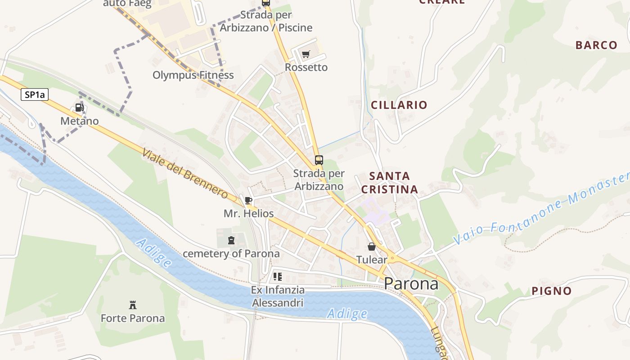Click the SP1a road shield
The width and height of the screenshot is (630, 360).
tap(34, 94)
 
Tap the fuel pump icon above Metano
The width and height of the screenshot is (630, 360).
tap(79, 108)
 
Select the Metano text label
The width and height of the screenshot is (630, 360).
tap(80, 121)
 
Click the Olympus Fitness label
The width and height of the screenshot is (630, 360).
tap(193, 75)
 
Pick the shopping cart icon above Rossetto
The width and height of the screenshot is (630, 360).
tap(306, 54)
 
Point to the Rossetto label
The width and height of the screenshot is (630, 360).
tap(306, 67)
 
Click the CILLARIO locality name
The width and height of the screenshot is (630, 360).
tap(399, 105)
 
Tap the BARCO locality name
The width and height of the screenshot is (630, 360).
tap(596, 45)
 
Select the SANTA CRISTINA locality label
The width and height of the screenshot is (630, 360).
tap(390, 183)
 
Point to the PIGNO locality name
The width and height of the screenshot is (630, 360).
tap(552, 291)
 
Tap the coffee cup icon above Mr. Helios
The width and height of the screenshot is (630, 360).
tap(248, 200)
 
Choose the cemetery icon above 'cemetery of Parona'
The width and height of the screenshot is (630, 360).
tap(231, 240)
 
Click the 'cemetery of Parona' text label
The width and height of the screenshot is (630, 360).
tap(231, 253)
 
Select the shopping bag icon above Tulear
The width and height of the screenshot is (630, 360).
tap(372, 247)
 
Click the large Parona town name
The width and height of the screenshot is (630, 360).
tap(411, 284)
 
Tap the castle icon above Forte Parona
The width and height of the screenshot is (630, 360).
tap(133, 305)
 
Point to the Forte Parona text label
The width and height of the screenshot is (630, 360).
tap(133, 318)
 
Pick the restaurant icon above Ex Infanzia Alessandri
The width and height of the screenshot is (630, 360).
tap(278, 276)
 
